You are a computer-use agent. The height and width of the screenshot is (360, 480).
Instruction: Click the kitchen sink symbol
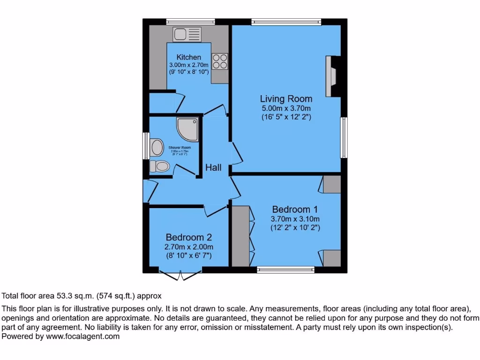click(x=187, y=34)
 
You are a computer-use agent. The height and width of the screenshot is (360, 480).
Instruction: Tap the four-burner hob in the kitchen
click(x=220, y=61)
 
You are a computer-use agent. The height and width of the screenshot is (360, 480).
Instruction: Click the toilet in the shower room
click(x=159, y=166)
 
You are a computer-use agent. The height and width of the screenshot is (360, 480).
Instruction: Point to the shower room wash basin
click(x=157, y=147)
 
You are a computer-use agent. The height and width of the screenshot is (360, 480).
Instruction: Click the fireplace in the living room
click(x=332, y=76)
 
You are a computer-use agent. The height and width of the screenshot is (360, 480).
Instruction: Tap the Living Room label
click(x=286, y=99)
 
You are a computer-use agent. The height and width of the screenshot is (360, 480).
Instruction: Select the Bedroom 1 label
click(x=295, y=210)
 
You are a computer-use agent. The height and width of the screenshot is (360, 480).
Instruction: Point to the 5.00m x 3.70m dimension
click(x=286, y=108)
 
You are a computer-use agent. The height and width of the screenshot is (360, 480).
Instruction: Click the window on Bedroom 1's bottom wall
click(x=285, y=270)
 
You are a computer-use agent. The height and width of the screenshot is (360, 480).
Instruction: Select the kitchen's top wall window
click(x=190, y=22)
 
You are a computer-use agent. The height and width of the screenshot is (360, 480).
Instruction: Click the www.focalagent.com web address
click(x=82, y=336)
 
